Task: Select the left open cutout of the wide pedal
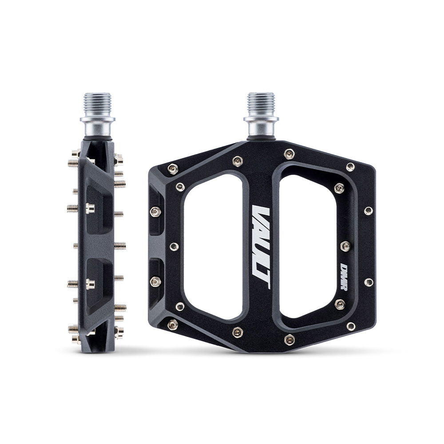click(212, 247)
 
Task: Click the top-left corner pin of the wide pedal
click(173, 168)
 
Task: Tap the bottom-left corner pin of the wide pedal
click(173, 324)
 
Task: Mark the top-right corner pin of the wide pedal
click(350, 167)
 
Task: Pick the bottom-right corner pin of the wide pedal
click(350, 326)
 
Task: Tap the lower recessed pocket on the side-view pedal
click(97, 282)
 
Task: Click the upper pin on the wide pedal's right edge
click(368, 210)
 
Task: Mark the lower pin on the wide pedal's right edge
click(368, 282)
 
